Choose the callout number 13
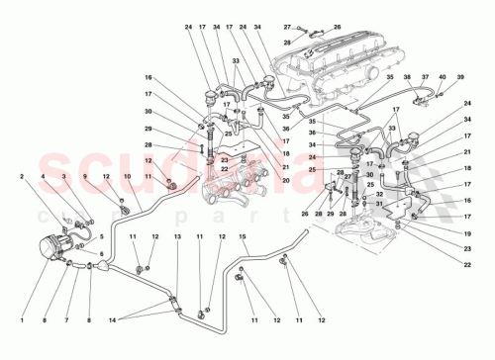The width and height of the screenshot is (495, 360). click(x=178, y=237)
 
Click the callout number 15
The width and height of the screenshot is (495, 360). click(x=240, y=237)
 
